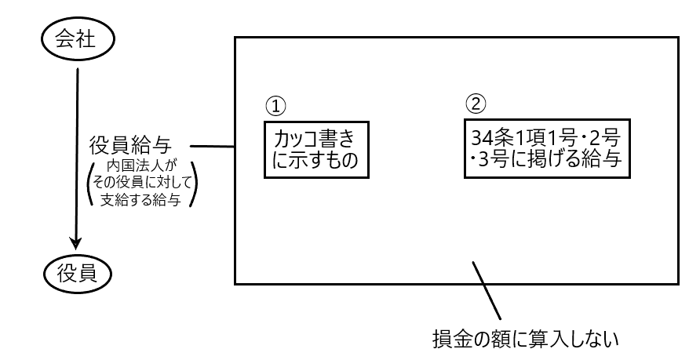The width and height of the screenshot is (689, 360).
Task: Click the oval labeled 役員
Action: click(77, 273)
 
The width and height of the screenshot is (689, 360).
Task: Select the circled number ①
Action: click(275, 105)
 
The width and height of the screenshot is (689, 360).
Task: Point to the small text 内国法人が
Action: click(144, 169)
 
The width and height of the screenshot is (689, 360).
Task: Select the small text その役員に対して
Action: click(144, 185)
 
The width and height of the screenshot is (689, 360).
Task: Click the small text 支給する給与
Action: click(144, 202)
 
